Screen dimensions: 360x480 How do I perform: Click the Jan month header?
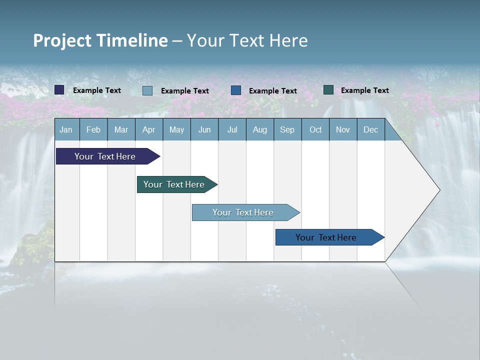66,130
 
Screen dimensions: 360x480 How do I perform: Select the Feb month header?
93,130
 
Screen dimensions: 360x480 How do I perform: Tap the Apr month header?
148,130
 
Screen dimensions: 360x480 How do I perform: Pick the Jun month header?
204,130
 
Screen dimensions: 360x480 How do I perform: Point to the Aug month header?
259,130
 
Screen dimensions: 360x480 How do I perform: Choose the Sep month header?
287,130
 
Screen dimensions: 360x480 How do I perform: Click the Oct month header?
315,130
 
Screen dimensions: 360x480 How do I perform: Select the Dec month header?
370,130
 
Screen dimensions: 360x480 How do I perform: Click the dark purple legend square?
59,90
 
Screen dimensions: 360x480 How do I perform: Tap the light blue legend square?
147,90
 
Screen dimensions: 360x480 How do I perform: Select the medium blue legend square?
236,90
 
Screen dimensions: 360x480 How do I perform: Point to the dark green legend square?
328,90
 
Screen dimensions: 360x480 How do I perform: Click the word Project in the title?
62,40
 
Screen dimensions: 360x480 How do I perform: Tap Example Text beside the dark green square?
364,90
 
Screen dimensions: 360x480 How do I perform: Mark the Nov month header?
343,130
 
